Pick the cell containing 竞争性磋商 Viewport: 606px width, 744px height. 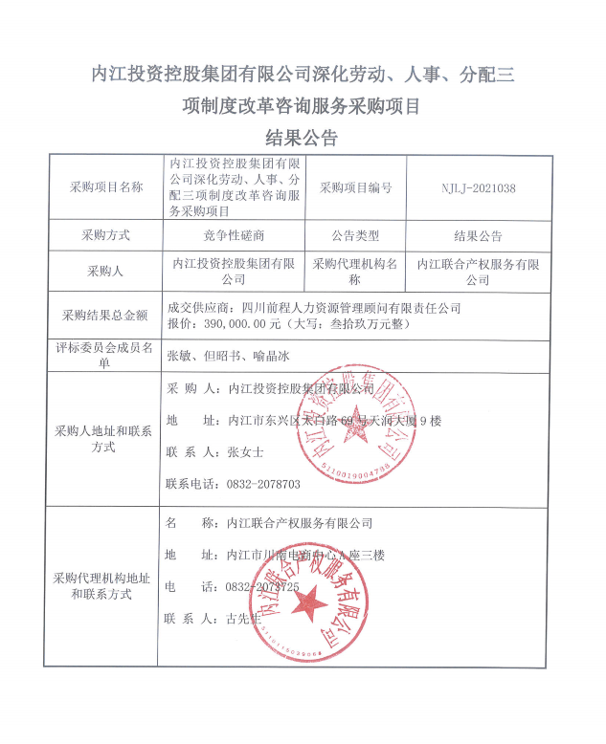[x=235, y=236]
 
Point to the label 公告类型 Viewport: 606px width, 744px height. [x=355, y=235]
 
